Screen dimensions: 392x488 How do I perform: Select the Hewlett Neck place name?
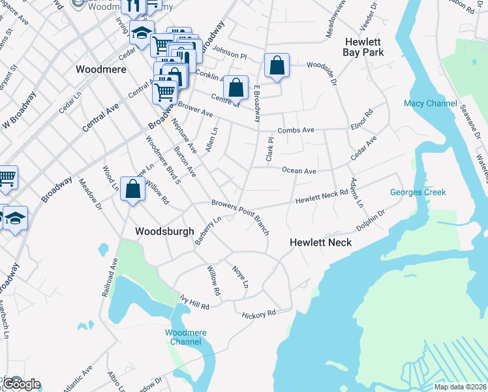tap(320, 242)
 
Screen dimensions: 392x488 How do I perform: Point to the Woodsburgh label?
tap(164, 231)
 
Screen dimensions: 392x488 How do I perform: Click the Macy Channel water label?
tap(431, 103)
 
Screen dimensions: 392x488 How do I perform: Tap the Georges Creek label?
tap(418, 192)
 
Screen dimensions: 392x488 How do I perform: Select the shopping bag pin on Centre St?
tap(236, 87)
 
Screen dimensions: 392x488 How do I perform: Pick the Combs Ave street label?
tap(296, 131)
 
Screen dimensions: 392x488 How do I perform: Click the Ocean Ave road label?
tap(299, 171)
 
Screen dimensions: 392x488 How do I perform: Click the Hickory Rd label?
tap(259, 314)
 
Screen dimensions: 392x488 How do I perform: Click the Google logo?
tap(21, 384)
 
